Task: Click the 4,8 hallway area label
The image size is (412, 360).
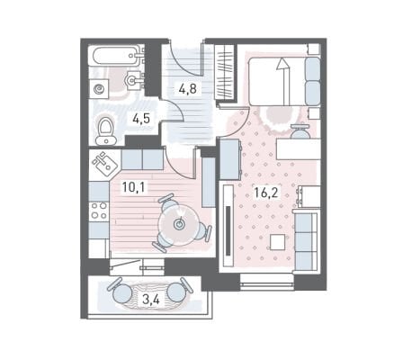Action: click(187, 89)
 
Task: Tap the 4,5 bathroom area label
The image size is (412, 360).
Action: click(141, 119)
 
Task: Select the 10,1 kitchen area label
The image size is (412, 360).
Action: click(133, 187)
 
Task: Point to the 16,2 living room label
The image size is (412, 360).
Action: click(266, 192)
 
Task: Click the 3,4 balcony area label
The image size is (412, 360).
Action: click(151, 299)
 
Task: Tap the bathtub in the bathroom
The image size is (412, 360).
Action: click(118, 55)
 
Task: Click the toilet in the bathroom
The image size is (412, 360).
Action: click(105, 131)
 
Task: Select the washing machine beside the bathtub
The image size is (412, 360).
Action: click(99, 88)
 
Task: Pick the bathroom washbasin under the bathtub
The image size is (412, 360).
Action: click(133, 80)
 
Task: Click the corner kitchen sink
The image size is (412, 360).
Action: click(104, 164)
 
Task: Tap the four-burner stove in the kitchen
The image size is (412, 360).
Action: click(99, 211)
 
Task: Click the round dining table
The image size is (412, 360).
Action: click(179, 223)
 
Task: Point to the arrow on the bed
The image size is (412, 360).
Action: click(284, 81)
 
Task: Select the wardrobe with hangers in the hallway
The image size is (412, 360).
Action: click(225, 71)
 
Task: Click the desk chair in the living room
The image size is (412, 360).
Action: click(299, 131)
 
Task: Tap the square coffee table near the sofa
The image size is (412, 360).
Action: click(278, 242)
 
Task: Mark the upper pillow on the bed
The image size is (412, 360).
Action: click(312, 68)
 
